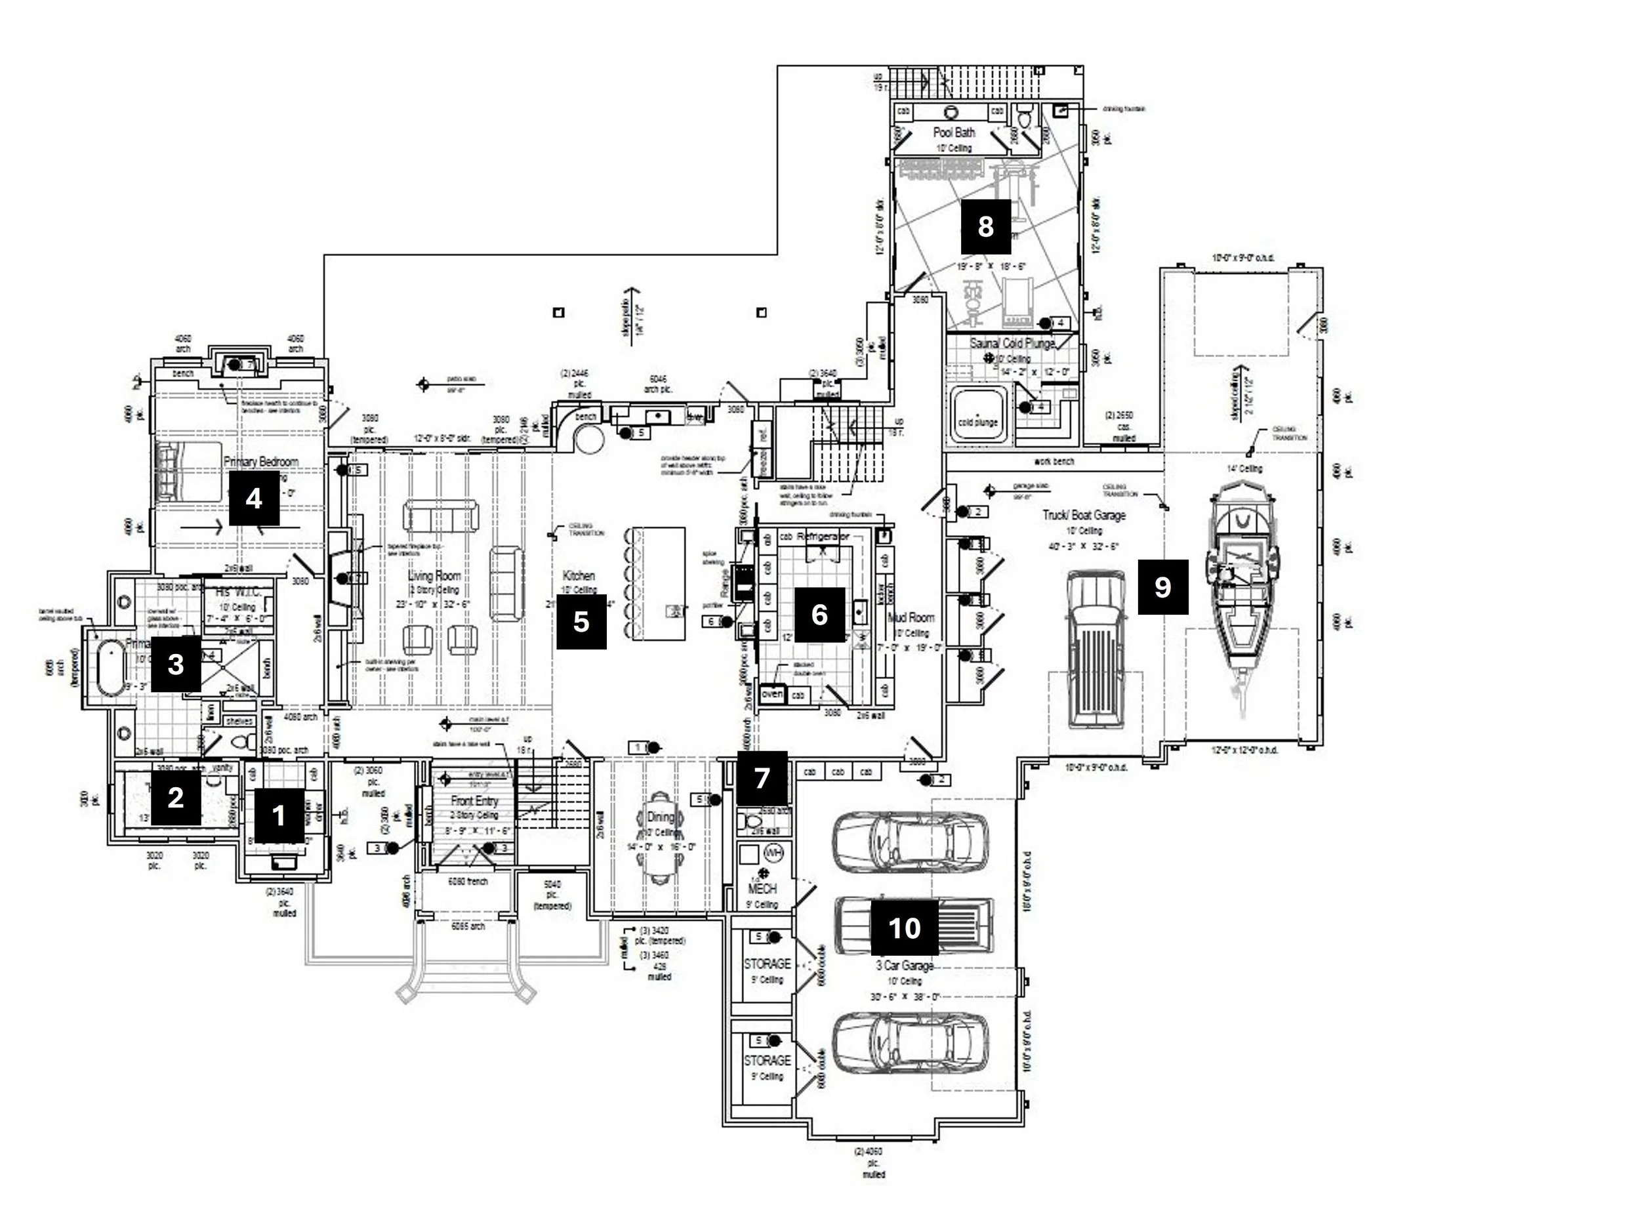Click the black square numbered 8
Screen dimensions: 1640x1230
point(985,226)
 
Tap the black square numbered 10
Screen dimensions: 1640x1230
point(904,928)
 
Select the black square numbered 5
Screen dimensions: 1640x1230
point(581,621)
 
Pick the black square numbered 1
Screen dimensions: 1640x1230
point(279,815)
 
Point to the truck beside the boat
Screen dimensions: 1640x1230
point(1096,648)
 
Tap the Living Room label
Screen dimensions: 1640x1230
point(434,575)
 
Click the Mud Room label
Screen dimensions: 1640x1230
point(911,617)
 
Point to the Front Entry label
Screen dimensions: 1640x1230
point(474,801)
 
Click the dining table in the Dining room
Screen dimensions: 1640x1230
point(660,838)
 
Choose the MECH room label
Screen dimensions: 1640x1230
point(762,888)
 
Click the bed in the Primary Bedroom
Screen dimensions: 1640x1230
point(189,472)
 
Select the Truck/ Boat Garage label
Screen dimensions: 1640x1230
point(1084,514)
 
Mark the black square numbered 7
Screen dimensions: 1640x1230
point(762,778)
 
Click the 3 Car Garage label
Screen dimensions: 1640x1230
point(905,966)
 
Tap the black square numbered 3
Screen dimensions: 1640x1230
point(176,664)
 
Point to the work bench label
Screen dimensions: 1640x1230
point(1054,462)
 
